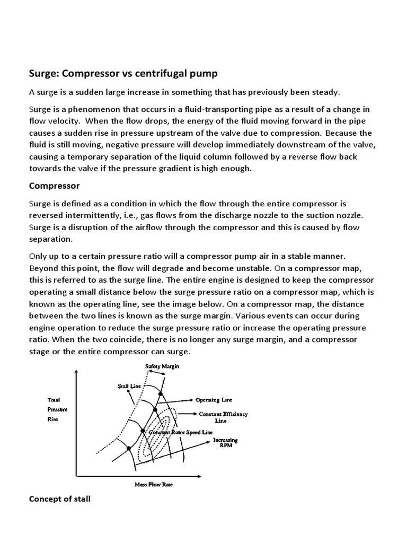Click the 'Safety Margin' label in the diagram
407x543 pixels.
tap(160, 366)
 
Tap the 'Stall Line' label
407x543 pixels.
tap(129, 387)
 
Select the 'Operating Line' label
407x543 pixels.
tap(215, 399)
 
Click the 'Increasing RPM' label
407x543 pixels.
tap(225, 442)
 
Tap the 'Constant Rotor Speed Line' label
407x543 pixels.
tap(173, 433)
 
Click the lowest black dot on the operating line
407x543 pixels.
tap(129, 449)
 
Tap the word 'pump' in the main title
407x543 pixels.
tap(205, 73)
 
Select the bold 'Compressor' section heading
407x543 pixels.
tap(54, 186)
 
